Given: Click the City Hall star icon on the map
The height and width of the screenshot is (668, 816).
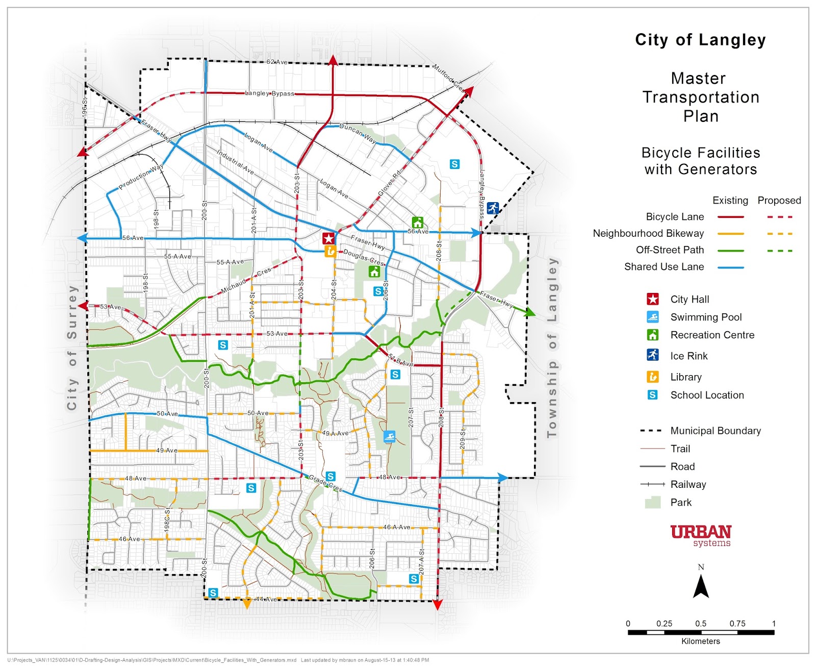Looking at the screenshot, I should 328,238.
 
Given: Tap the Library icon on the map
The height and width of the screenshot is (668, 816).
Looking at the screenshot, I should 330,251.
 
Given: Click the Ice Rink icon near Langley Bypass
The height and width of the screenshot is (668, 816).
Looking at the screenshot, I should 493,208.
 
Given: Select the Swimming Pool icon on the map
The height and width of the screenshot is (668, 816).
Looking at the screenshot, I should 389,437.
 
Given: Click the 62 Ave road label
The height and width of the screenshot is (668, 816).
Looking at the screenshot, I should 277,62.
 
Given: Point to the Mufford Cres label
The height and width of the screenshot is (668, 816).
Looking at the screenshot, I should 448,78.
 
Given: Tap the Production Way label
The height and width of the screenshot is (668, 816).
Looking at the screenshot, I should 141,177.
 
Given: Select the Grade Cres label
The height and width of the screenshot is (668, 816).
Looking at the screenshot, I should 325,482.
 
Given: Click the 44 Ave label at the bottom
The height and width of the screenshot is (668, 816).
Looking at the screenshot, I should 266,599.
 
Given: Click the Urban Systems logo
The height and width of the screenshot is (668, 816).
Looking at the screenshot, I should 701,535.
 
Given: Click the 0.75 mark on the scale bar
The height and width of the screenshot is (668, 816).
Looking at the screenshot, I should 737,624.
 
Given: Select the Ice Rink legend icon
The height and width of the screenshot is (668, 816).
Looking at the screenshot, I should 652,355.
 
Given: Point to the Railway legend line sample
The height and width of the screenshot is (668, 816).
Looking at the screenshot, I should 652,484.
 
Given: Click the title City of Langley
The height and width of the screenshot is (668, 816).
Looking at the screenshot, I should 700,40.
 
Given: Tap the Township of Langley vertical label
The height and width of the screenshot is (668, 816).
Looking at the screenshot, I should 552,347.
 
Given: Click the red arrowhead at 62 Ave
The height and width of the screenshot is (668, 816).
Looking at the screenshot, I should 333,61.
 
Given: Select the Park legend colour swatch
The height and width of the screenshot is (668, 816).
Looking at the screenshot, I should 652,502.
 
